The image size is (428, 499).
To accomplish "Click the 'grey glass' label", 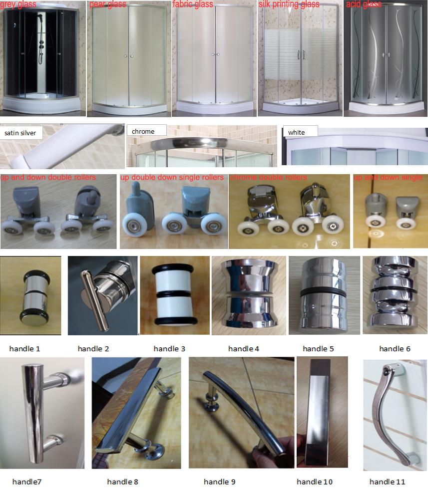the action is pyautogui.click(x=18, y=4).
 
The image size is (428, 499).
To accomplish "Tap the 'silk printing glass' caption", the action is pyautogui.click(x=289, y=4).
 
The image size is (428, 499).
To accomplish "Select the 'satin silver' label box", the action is pyautogui.click(x=21, y=133).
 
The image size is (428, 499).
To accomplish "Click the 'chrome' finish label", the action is pyautogui.click(x=146, y=131).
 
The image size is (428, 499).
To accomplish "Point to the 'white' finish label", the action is pyautogui.click(x=300, y=132).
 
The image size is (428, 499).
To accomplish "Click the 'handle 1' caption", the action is pyautogui.click(x=25, y=349).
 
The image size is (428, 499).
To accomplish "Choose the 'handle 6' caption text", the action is pyautogui.click(x=395, y=349).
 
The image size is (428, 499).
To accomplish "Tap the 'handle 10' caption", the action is pyautogui.click(x=315, y=482).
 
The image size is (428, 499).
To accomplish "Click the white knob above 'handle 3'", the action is pyautogui.click(x=174, y=295).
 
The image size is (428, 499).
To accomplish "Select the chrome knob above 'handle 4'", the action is pyautogui.click(x=249, y=293).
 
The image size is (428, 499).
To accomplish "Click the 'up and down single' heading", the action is pyautogui.click(x=388, y=177).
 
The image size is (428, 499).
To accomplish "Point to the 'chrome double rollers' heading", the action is pyautogui.click(x=269, y=177).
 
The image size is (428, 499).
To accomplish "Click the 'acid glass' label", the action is pyautogui.click(x=364, y=4).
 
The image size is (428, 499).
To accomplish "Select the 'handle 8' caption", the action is pyautogui.click(x=122, y=482).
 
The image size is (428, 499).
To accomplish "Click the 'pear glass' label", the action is pyautogui.click(x=108, y=5).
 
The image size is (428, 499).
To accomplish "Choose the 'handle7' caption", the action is pyautogui.click(x=27, y=482).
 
